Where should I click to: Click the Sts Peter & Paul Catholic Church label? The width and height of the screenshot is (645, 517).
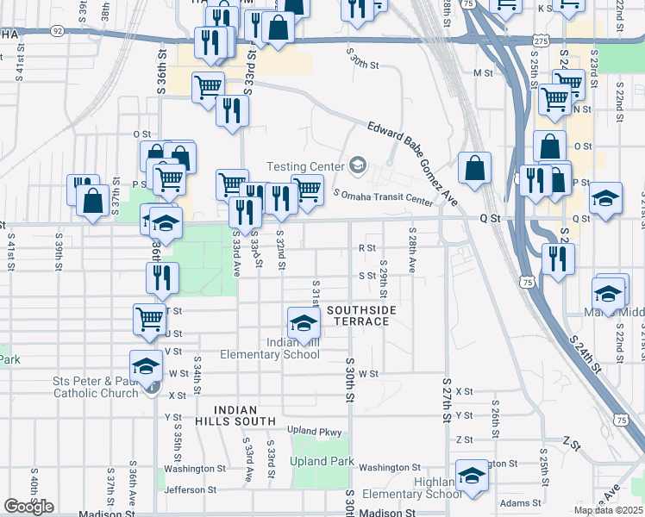click(x=95, y=387)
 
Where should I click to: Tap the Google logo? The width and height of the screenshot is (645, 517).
click(x=28, y=507)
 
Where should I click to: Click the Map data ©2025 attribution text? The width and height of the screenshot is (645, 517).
click(x=608, y=510)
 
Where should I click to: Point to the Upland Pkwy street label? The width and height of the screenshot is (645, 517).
click(x=315, y=430)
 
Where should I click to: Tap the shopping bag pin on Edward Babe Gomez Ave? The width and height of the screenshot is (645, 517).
click(x=474, y=168)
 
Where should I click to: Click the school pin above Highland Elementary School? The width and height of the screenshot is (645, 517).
click(x=472, y=477)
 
